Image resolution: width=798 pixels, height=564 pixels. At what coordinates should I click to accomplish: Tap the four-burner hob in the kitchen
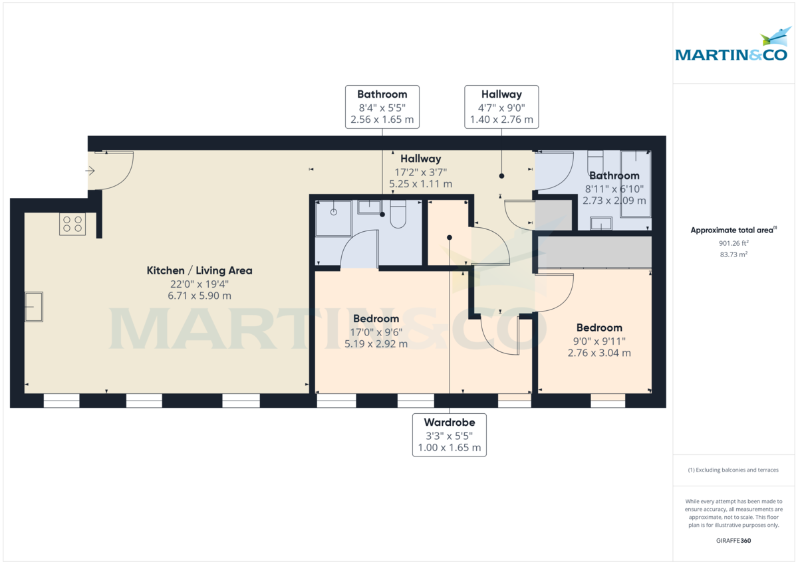[x=72, y=224]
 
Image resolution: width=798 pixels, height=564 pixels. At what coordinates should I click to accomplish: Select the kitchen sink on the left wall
[x=34, y=307]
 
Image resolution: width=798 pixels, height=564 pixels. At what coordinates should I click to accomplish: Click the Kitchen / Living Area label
[x=199, y=271]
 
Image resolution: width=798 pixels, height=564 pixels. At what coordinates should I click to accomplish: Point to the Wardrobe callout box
[x=449, y=435]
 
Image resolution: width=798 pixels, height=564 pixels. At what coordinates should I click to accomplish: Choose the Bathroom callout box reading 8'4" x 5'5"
[x=382, y=107]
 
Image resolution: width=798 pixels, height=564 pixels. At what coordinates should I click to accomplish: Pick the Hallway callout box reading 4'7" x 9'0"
[x=501, y=107]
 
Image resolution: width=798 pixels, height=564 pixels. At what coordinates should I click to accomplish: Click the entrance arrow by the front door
[x=91, y=171]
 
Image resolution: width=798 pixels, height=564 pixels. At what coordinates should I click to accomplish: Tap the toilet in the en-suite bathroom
[x=398, y=215]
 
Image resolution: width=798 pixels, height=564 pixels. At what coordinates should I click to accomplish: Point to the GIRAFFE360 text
[x=733, y=541]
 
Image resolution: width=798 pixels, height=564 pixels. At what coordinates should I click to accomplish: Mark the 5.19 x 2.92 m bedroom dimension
[x=376, y=344]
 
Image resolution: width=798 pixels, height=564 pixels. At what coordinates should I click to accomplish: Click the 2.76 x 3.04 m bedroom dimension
[x=599, y=353]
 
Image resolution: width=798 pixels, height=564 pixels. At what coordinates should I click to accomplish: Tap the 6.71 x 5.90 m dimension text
[x=199, y=296]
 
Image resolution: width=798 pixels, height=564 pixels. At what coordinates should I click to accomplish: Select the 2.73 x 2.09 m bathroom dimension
[x=614, y=200]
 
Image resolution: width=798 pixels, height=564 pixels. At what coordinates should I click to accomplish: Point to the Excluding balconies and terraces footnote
[x=733, y=470]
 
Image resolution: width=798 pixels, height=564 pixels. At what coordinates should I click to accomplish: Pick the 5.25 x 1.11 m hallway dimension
[x=420, y=184]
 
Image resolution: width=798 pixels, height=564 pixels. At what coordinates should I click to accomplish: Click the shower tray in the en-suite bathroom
[x=333, y=219]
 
